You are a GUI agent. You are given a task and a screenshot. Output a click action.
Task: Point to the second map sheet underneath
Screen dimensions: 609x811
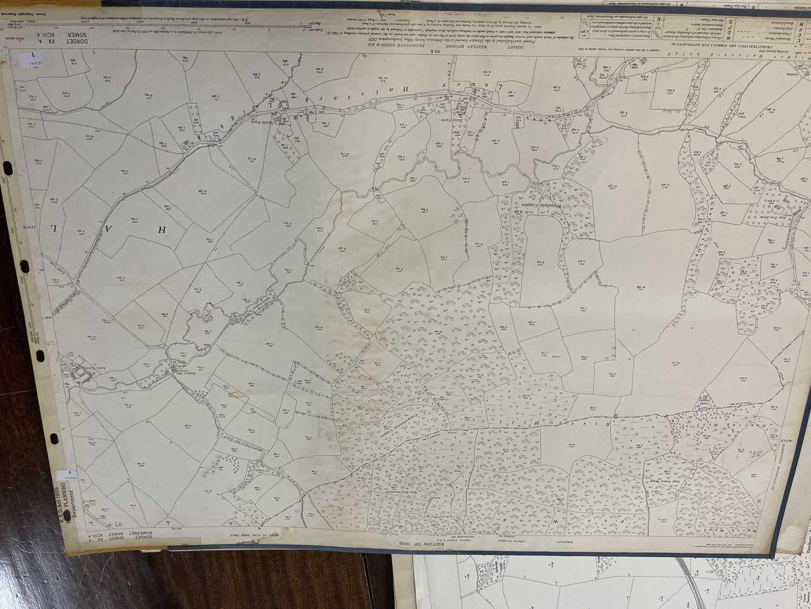click(595, 585)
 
